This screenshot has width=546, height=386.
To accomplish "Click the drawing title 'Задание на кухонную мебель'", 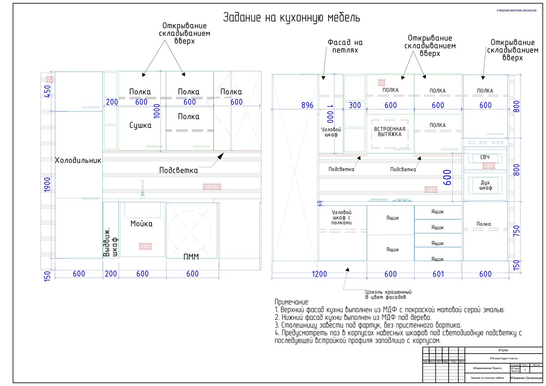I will click(292, 18).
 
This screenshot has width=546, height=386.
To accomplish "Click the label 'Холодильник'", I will click(78, 160).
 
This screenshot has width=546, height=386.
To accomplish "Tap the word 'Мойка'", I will click(142, 224).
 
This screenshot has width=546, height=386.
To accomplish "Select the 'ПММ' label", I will click(191, 257).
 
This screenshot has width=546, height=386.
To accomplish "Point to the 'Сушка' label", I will click(140, 126).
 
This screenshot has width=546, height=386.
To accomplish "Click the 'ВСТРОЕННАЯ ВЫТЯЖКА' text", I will click(390, 132).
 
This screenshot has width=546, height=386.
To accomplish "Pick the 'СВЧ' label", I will click(485, 157).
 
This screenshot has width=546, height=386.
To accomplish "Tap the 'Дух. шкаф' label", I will click(485, 185).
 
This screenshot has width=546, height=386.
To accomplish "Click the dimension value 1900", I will click(48, 185).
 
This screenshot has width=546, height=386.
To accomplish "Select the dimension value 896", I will click(308, 106).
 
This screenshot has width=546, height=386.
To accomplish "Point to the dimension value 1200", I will click(320, 274).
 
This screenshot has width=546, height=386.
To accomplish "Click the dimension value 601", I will click(438, 274).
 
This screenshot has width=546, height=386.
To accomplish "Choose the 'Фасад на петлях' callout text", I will click(345, 46).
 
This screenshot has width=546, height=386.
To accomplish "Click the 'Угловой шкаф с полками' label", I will click(342, 218).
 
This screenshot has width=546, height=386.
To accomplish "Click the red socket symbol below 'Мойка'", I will click(145, 246).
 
